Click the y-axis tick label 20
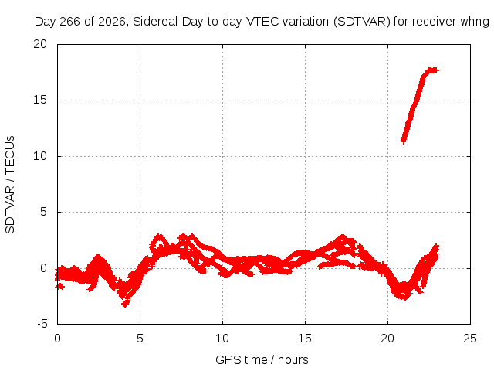(40, 44)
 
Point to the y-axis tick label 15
(40, 100)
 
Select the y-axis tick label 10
(40, 156)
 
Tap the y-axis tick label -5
(42, 324)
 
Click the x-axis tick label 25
(470, 339)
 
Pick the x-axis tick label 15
(305, 339)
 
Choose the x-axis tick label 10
(222, 339)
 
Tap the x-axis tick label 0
(57, 339)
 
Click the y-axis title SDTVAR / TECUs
(10, 185)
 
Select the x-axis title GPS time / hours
(262, 360)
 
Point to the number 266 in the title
(70, 22)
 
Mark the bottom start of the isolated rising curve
(404, 141)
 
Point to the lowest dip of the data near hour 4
(125, 305)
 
